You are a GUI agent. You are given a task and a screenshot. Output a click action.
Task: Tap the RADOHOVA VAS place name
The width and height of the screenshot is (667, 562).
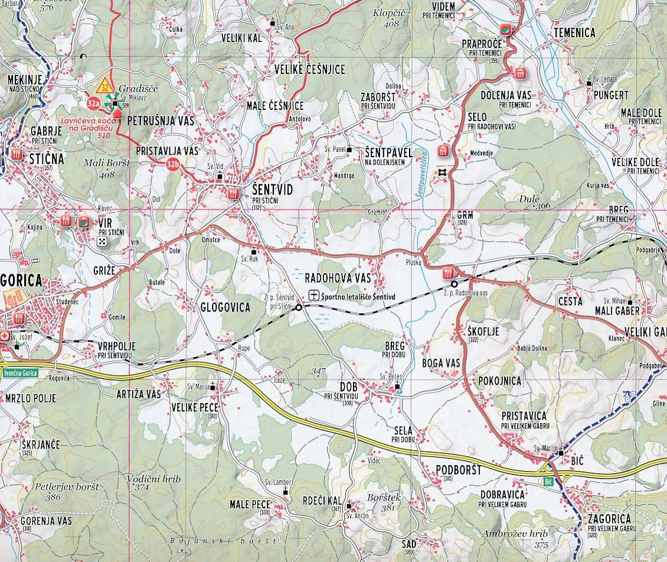pyautogui.click(x=338, y=277)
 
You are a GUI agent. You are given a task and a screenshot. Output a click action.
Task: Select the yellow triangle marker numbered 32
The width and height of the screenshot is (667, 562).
pyautogui.click(x=105, y=83)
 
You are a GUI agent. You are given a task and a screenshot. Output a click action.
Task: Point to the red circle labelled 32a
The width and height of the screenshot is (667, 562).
pyautogui.click(x=93, y=103)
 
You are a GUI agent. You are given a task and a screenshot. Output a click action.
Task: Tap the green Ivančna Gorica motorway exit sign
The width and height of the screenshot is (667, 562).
pyautogui.click(x=19, y=372)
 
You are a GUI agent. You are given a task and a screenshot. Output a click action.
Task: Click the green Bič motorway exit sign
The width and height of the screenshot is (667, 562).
pyautogui.click(x=548, y=481)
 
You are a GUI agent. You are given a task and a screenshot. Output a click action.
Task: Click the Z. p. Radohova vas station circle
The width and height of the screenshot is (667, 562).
pyautogui.click(x=454, y=284)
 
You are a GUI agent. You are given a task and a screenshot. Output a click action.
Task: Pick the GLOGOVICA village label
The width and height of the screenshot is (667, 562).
pyautogui.click(x=225, y=307)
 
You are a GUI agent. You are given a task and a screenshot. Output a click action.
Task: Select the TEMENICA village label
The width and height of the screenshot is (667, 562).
pyautogui.click(x=574, y=33)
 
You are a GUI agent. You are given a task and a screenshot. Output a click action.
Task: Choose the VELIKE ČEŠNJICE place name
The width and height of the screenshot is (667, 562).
pyautogui.click(x=309, y=69)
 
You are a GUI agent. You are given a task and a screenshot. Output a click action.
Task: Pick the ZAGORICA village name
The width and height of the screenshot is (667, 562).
pyautogui.click(x=612, y=519)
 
